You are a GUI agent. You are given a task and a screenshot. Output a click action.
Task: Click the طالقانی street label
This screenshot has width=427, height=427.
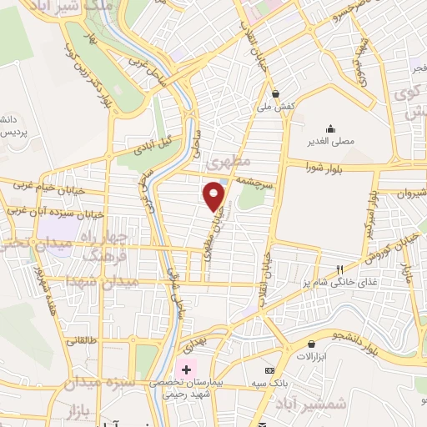(82, 340)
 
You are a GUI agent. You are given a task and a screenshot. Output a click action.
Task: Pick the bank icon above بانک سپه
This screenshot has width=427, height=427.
(269, 369)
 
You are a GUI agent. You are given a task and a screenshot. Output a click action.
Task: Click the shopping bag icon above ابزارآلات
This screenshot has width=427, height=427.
(311, 344)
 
